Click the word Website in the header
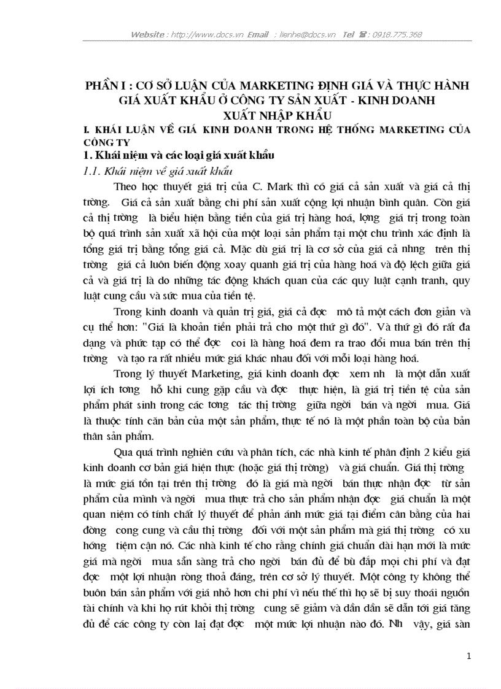[x=147, y=34]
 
